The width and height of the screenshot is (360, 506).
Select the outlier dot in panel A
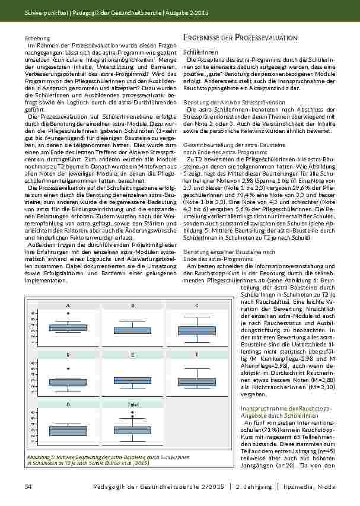coord(68,313)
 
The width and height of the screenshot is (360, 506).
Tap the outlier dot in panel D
coord(68,368)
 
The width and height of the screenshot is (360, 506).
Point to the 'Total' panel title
coord(132,404)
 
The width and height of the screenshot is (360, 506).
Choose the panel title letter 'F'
coord(196,354)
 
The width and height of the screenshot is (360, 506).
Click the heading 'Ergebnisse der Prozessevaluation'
coord(241,37)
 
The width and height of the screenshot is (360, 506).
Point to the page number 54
coord(27,486)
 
